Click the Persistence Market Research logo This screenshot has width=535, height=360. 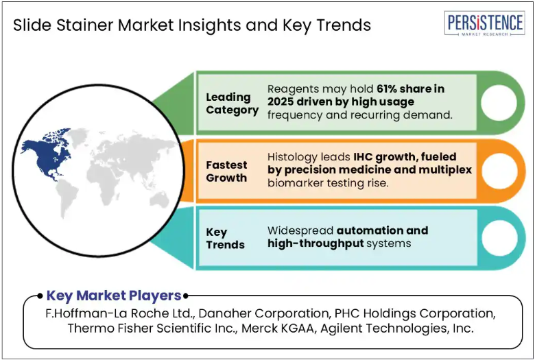pos(484,23)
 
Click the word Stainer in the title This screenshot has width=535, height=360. pos(85,25)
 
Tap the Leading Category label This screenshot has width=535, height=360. pos(232,104)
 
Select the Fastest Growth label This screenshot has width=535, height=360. pos(226,171)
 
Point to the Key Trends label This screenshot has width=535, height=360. pos(225,238)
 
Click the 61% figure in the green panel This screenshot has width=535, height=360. pos(387,88)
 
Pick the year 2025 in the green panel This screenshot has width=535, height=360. pos(280,101)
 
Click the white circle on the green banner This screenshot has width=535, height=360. pos(499,102)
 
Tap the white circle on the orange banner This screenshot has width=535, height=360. pos(499,171)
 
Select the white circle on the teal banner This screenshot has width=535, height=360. pos(499,238)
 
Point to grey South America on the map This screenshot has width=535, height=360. pos(66,198)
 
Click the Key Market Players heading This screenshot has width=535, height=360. pos(114,296)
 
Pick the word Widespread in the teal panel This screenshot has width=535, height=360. pos(300,231)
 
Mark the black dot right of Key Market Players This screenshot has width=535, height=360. pos(186,296)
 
